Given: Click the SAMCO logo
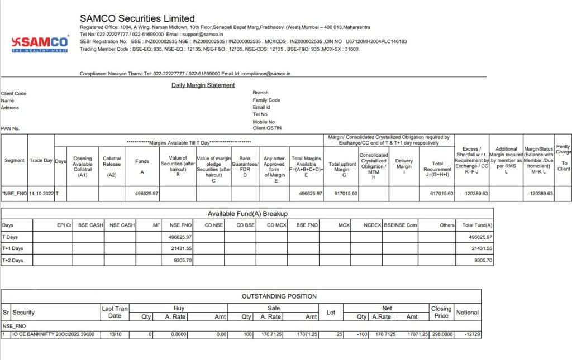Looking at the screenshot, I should pos(40,44).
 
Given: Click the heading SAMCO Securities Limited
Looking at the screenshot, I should pos(137,18).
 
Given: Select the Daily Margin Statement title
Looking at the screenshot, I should pos(203,85).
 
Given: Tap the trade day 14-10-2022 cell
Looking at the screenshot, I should pos(41,193).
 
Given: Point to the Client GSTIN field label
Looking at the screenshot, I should pos(267,128).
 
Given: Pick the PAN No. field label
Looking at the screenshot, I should pos(11,128).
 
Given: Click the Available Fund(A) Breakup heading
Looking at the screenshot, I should pos(247,214).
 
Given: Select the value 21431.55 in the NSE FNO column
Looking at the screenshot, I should pos(180,248).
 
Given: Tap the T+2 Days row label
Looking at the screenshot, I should pos(13,260).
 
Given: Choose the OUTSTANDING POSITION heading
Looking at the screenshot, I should pos(279,296).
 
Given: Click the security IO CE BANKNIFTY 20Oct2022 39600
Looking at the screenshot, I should pos(53,334).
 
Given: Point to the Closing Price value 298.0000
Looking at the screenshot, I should pos(441,334).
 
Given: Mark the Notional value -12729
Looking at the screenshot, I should pos(468,334).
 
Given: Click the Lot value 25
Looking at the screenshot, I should pos(331,334).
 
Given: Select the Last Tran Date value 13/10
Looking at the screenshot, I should pos(115,334).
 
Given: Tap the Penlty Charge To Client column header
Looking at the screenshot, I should pos(563,158).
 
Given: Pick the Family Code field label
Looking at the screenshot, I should pos(266,100).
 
